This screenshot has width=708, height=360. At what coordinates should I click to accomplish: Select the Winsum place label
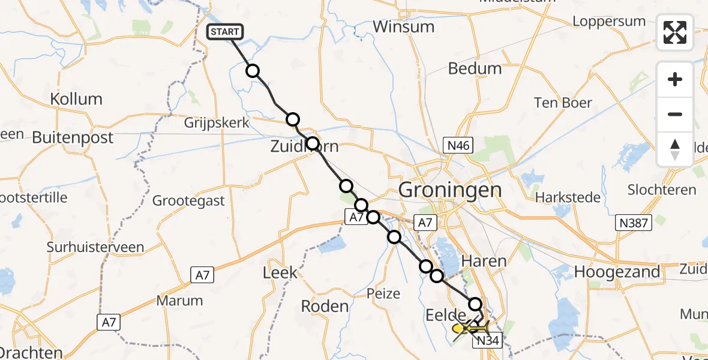[x=403, y=27]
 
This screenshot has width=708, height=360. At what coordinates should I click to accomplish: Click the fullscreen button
[x=675, y=32]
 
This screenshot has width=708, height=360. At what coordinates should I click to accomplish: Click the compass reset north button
[x=675, y=149]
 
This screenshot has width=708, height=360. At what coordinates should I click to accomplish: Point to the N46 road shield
[x=459, y=145]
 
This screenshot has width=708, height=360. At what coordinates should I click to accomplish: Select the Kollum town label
[x=76, y=99]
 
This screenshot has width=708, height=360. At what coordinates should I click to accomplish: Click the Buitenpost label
[x=73, y=138]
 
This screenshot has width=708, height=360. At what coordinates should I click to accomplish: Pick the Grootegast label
[x=188, y=200]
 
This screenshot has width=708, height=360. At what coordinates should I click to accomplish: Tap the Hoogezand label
[x=617, y=271]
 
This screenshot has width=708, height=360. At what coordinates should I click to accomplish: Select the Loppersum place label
[x=608, y=22]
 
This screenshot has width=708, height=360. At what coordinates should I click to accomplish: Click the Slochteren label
[x=662, y=190]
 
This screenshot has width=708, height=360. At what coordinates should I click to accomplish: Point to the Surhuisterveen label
[x=96, y=247]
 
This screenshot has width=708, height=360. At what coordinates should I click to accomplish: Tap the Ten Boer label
[x=563, y=103]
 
